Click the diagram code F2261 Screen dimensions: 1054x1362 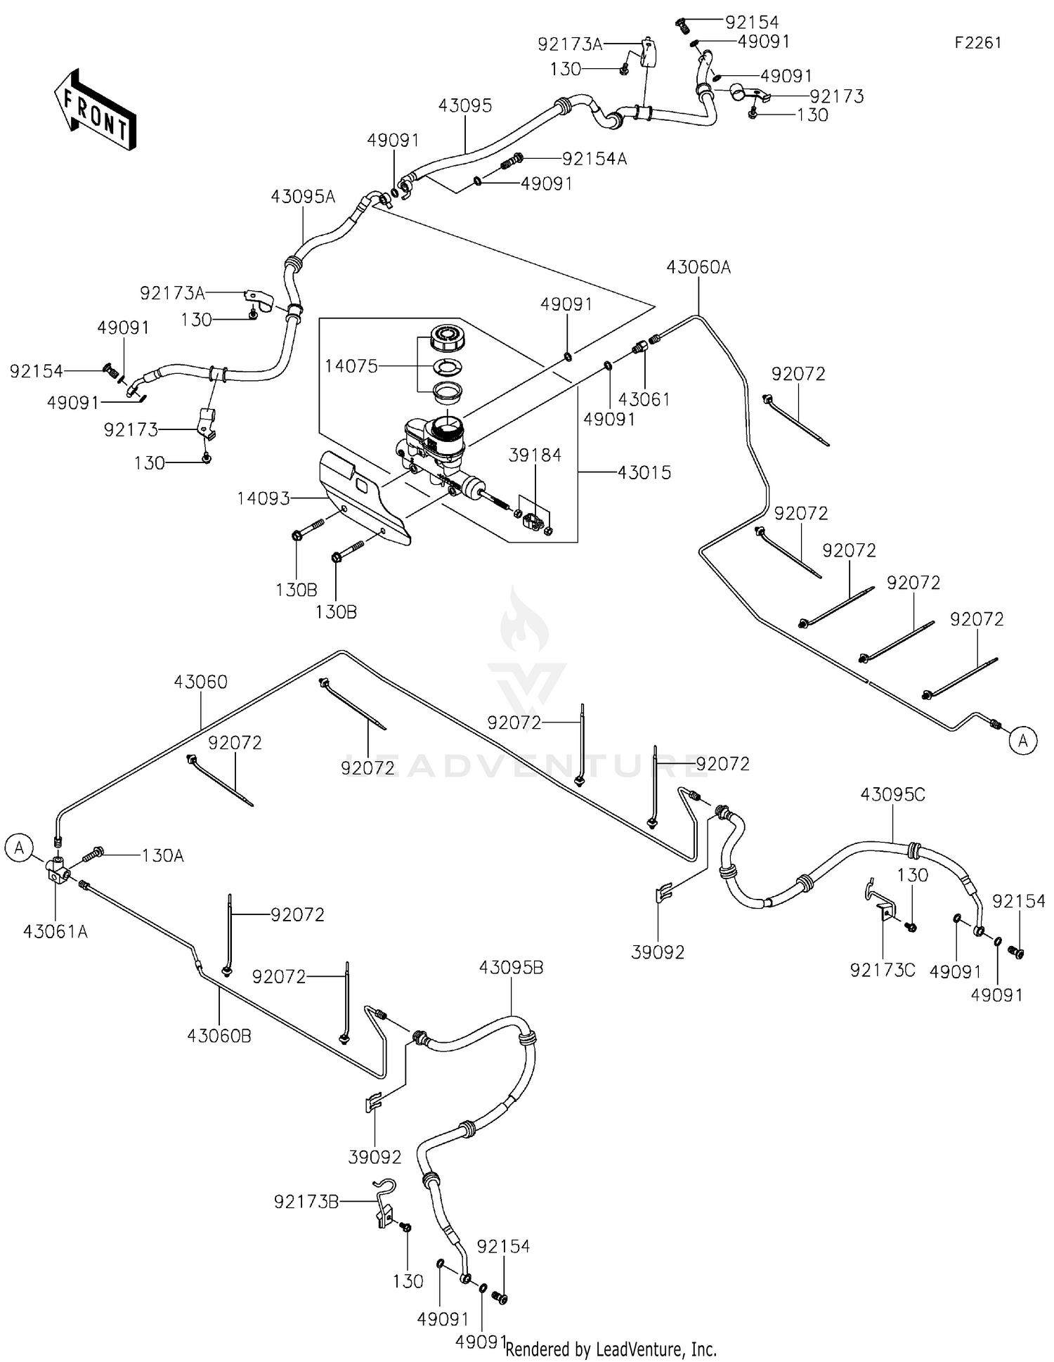(977, 43)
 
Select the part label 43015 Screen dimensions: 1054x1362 (644, 472)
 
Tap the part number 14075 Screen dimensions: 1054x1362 (351, 366)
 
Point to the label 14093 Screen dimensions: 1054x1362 (263, 498)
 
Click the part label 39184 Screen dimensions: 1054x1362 (535, 455)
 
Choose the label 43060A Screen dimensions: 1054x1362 (698, 267)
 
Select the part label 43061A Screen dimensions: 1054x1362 (56, 932)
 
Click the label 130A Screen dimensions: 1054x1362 (163, 855)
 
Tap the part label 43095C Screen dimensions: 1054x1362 (893, 794)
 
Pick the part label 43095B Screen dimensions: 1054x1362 (511, 968)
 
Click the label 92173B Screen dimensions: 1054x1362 (306, 1202)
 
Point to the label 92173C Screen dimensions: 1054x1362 (883, 970)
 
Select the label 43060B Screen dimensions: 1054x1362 (219, 1036)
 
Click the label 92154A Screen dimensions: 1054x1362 (594, 159)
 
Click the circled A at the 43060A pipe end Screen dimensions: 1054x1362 (1024, 740)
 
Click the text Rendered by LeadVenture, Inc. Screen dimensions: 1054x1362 (611, 1349)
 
